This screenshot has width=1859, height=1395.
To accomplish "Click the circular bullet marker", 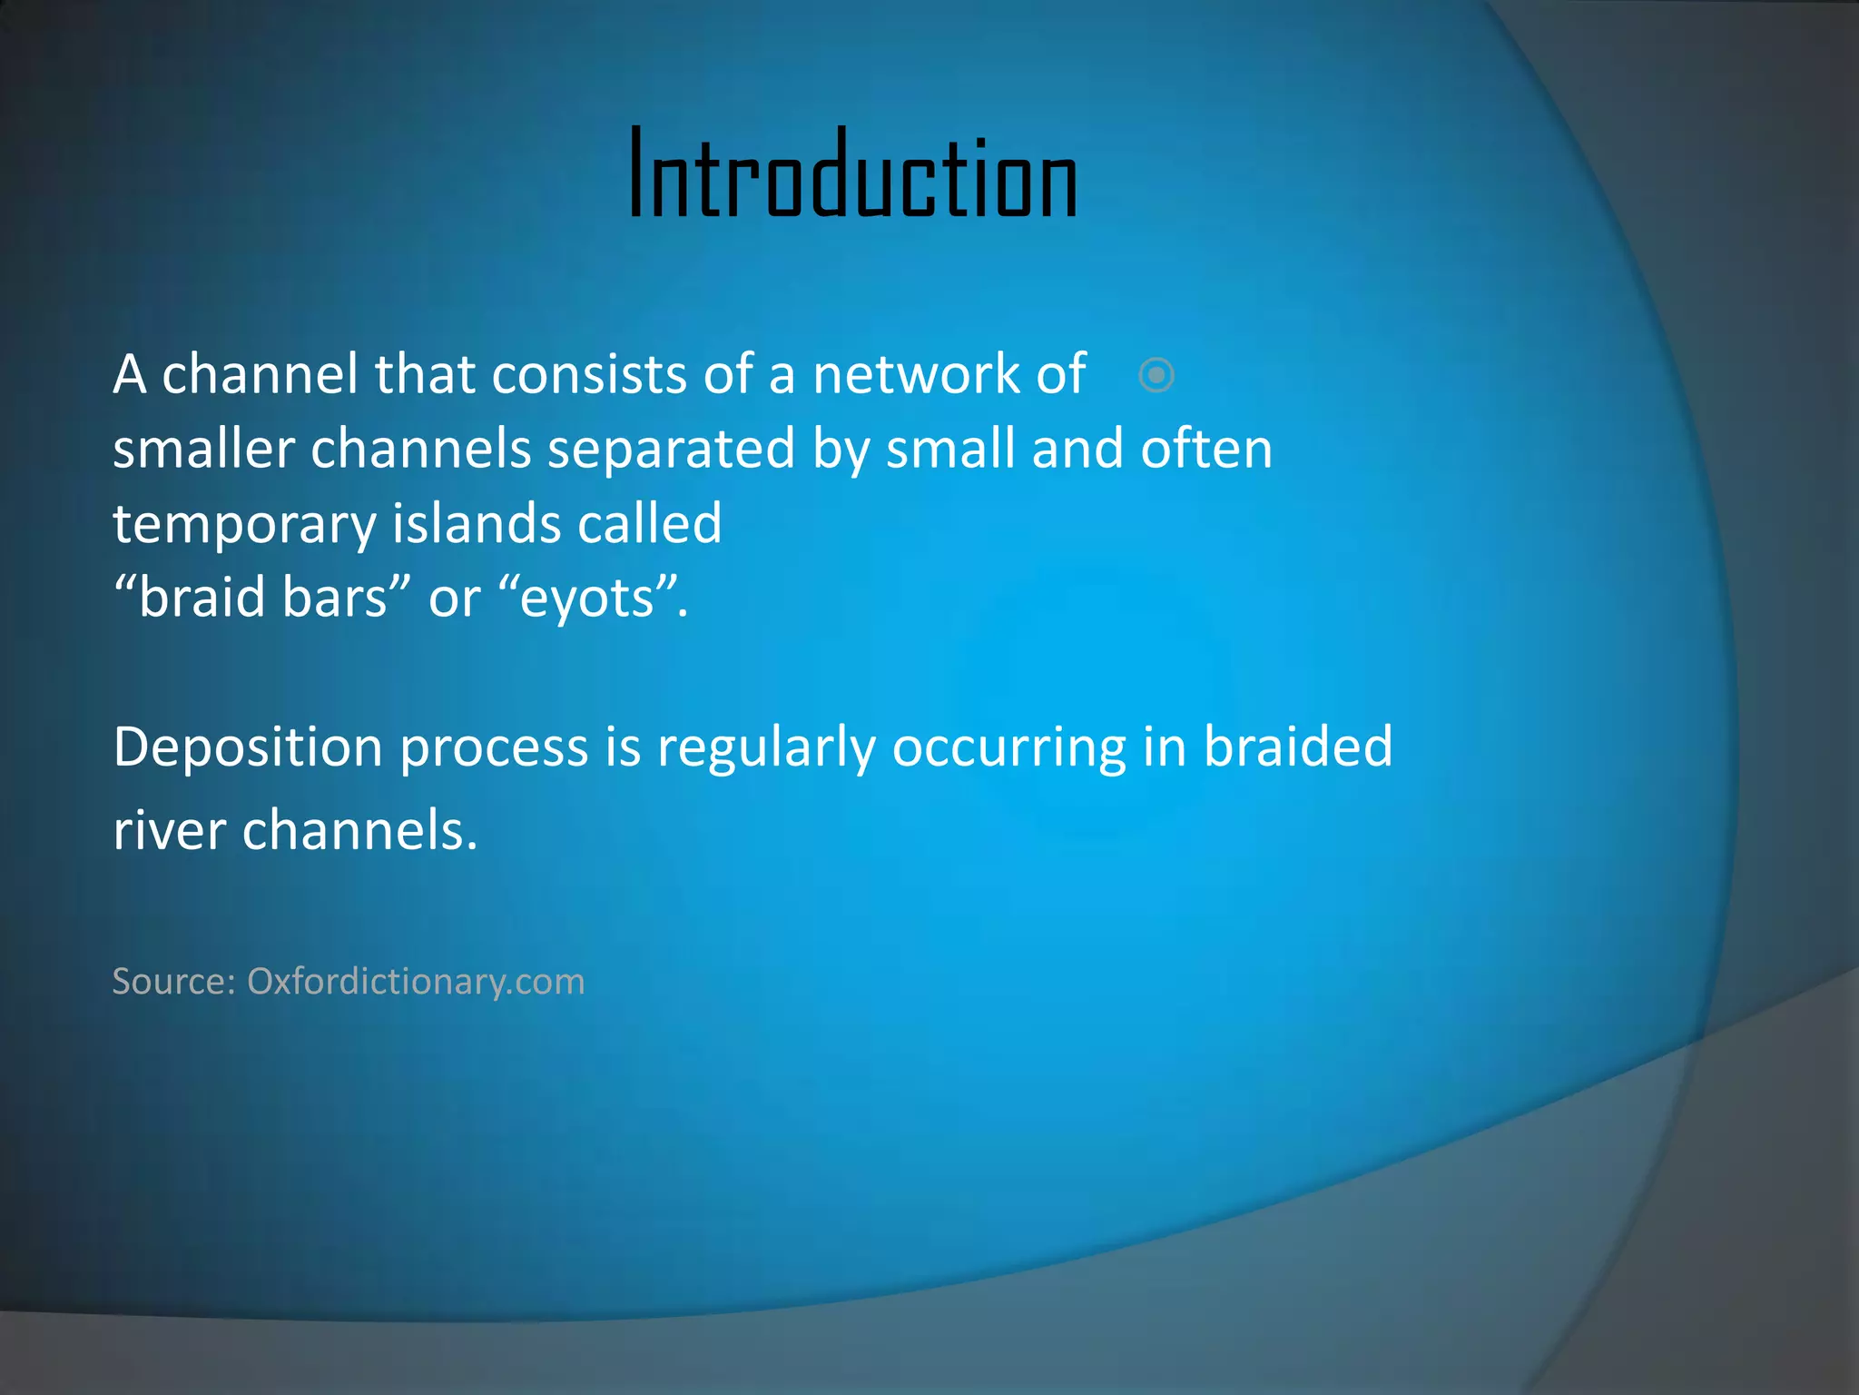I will [1156, 375].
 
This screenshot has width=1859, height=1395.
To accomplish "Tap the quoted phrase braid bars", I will [262, 599].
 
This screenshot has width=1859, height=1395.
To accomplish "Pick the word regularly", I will [766, 748].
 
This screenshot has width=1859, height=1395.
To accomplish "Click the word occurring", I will [1008, 748].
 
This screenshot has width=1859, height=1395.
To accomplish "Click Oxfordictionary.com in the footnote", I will [416, 982].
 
